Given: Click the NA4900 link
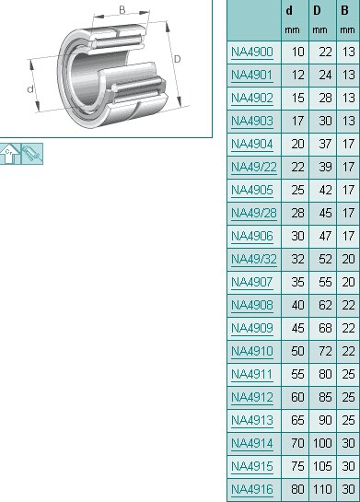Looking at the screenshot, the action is (252, 53).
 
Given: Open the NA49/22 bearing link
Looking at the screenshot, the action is (254, 167).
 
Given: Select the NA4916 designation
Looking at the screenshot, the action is (252, 489).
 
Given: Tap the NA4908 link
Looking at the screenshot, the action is (252, 306).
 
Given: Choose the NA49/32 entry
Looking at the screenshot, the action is (254, 260).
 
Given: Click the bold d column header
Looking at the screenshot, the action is (289, 11).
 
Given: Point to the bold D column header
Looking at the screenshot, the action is (317, 11).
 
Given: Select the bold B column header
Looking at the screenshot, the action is (344, 11).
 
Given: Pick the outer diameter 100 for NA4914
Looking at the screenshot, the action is (322, 443).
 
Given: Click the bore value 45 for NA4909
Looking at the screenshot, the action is (297, 329).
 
